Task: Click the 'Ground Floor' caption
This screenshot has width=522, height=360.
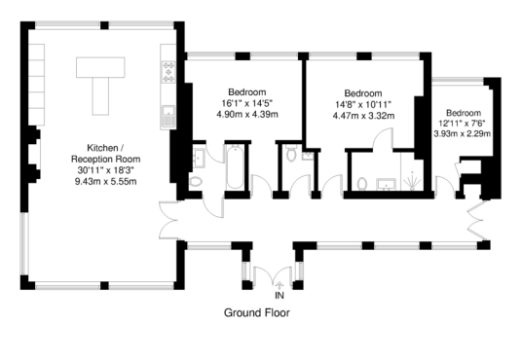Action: click(257, 312)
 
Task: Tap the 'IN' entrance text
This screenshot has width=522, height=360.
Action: click(280, 295)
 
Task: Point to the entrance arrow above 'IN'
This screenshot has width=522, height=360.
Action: click(280, 285)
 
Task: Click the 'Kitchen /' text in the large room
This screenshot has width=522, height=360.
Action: click(102, 148)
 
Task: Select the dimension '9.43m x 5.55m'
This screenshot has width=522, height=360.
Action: click(105, 182)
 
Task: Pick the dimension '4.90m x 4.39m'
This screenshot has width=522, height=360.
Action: click(247, 115)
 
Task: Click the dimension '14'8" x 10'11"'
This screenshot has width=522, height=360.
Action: click(363, 104)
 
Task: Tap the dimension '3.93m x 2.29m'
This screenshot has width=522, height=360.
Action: click(462, 133)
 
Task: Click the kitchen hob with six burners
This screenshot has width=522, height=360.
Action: click(168, 72)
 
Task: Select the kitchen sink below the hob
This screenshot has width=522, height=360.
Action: click(168, 117)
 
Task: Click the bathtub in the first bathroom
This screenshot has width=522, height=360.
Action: click(235, 167)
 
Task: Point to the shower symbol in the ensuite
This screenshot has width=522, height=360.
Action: click(412, 181)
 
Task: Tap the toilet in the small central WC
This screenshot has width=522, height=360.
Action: click(291, 153)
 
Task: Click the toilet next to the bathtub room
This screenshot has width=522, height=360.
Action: click(196, 182)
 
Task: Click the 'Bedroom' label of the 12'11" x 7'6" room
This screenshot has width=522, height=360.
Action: click(463, 113)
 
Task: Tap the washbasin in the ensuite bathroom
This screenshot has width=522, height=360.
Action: click(387, 184)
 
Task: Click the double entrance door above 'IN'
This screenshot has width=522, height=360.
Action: click(273, 274)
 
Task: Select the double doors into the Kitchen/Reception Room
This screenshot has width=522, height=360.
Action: click(168, 220)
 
